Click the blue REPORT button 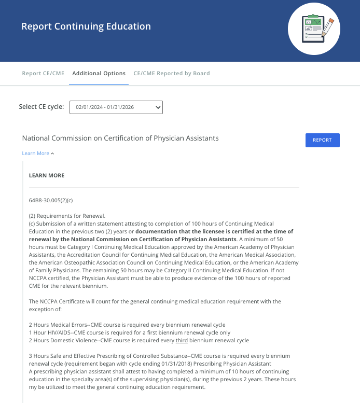pyautogui.click(x=322, y=140)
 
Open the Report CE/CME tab pyautogui.click(x=43, y=74)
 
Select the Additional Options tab pyautogui.click(x=99, y=74)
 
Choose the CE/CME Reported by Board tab pyautogui.click(x=172, y=74)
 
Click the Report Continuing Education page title pyautogui.click(x=86, y=26)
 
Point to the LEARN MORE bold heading pyautogui.click(x=47, y=176)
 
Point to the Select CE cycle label pyautogui.click(x=41, y=107)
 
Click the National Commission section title pyautogui.click(x=120, y=138)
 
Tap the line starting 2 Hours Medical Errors pyautogui.click(x=127, y=325)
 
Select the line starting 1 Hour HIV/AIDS pyautogui.click(x=130, y=332)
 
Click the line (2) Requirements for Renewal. pyautogui.click(x=67, y=216)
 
